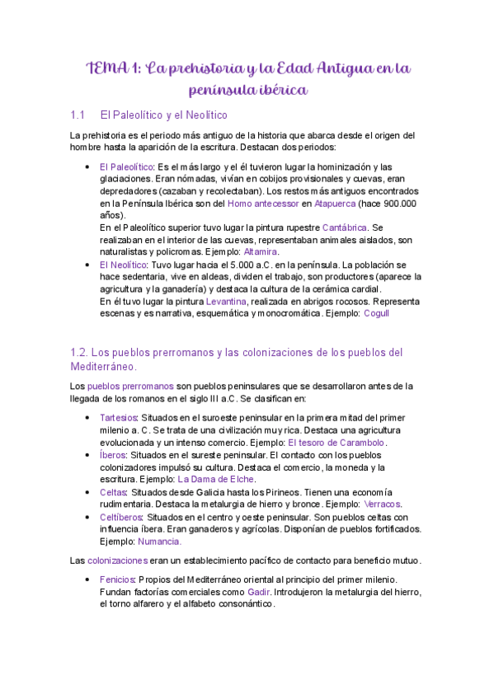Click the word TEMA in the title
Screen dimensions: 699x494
[x=108, y=68]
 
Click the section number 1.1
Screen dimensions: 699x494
[x=80, y=115]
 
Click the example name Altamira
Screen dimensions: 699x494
[x=261, y=251]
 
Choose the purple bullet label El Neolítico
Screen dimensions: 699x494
[x=123, y=265]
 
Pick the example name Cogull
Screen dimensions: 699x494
[x=375, y=313]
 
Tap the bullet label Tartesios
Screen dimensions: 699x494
[x=119, y=418]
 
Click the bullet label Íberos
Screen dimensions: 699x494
[x=113, y=454]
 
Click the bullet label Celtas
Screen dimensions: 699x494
[x=114, y=491]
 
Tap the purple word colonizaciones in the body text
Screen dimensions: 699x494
[x=117, y=561]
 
